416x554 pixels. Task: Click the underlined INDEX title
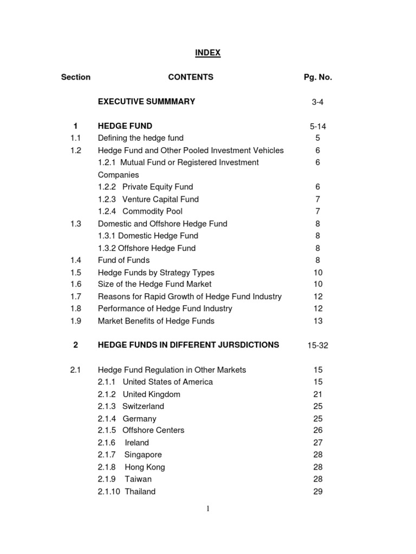pyautogui.click(x=207, y=52)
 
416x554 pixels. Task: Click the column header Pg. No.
pyautogui.click(x=317, y=77)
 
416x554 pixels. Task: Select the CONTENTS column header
pyautogui.click(x=191, y=77)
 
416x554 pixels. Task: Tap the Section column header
pyautogui.click(x=76, y=77)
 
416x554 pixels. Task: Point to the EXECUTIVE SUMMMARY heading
pyautogui.click(x=146, y=101)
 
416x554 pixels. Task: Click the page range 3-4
pyautogui.click(x=317, y=102)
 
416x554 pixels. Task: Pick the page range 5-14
pyautogui.click(x=317, y=127)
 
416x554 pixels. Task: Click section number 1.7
pyautogui.click(x=76, y=296)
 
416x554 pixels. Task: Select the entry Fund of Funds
pyautogui.click(x=123, y=260)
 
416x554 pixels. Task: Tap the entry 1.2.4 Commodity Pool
pyautogui.click(x=140, y=211)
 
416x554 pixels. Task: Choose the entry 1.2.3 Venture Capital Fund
pyautogui.click(x=148, y=199)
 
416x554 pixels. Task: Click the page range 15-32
pyautogui.click(x=317, y=346)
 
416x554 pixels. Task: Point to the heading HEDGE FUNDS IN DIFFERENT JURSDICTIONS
pyautogui.click(x=188, y=345)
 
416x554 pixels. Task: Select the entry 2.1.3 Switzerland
pyautogui.click(x=131, y=406)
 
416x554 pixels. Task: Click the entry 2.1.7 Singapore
pyautogui.click(x=130, y=454)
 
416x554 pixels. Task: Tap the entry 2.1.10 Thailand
pyautogui.click(x=127, y=491)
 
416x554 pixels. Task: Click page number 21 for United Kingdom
pyautogui.click(x=317, y=394)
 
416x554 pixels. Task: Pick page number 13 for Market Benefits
pyautogui.click(x=317, y=321)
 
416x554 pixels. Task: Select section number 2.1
pyautogui.click(x=76, y=370)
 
